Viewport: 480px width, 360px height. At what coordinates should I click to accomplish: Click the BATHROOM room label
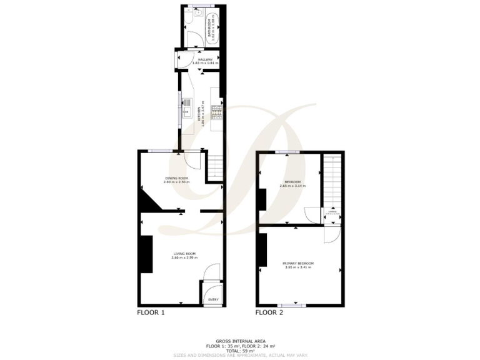pyautogui.click(x=211, y=29)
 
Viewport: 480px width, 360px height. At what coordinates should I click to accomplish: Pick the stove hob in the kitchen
pyautogui.click(x=216, y=112)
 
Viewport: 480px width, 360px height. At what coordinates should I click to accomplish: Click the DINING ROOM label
pyautogui.click(x=176, y=180)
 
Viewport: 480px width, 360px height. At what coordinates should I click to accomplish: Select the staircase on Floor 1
pyautogui.click(x=214, y=167)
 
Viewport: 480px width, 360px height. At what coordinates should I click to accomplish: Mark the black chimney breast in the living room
pyautogui.click(x=146, y=254)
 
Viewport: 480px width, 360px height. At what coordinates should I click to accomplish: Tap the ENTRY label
pyautogui.click(x=213, y=299)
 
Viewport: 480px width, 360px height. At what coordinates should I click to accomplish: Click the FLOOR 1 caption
pyautogui.click(x=151, y=312)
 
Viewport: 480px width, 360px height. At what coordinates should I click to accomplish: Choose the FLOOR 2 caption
pyautogui.click(x=269, y=312)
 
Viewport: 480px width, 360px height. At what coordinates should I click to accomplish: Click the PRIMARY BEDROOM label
pyautogui.click(x=299, y=265)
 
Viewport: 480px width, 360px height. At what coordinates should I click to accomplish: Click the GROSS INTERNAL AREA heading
pyautogui.click(x=240, y=341)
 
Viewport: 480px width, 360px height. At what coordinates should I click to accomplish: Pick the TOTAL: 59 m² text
pyautogui.click(x=240, y=350)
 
